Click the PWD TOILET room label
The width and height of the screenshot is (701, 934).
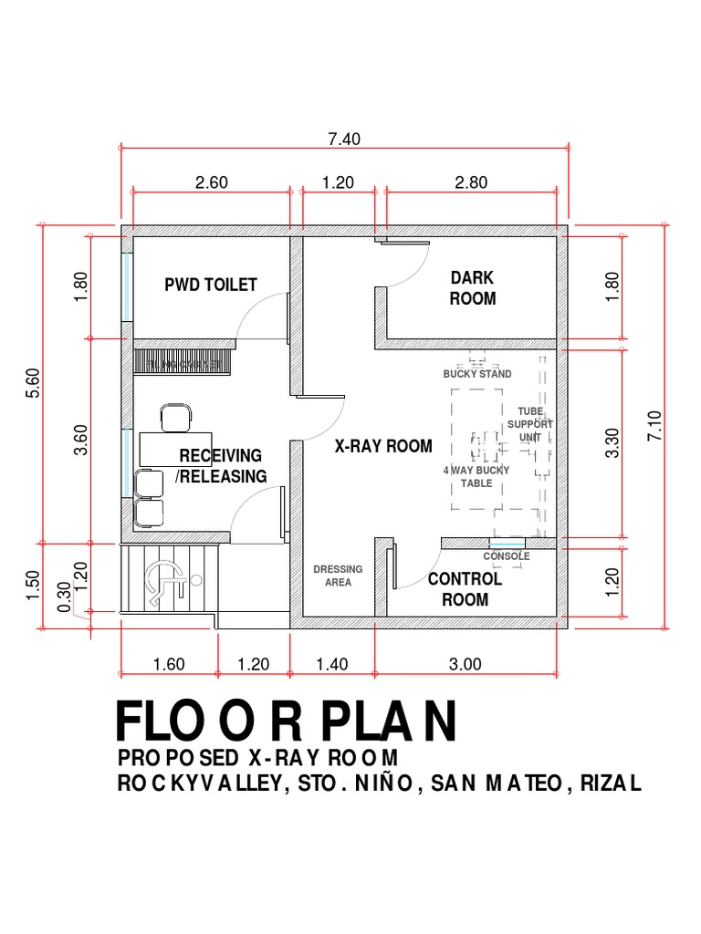point(211,285)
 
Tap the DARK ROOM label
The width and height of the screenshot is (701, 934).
point(473,287)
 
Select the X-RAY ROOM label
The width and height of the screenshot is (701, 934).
point(383,446)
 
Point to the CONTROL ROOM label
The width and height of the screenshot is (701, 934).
point(465,589)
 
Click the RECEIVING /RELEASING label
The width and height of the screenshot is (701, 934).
point(221,466)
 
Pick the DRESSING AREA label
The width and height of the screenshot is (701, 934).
point(338,576)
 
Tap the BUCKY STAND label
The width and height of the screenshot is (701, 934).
point(477,374)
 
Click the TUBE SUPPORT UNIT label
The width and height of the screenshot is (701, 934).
point(530,424)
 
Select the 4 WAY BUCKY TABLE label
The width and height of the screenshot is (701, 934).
point(476,476)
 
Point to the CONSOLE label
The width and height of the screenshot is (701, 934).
point(507,555)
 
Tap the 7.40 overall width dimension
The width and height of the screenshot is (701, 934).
point(345,140)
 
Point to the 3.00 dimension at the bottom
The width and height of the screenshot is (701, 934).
point(465,664)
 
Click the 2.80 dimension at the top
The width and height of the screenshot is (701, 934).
point(471,182)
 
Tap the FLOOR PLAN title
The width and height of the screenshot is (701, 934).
point(286,721)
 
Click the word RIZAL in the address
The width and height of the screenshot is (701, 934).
point(613,784)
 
